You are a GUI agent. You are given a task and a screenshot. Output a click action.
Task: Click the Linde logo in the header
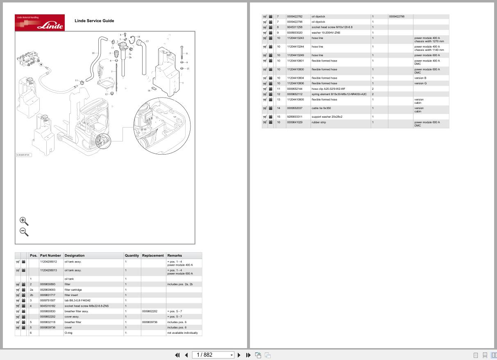(x=40, y=23)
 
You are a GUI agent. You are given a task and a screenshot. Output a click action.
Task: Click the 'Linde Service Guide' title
(x=94, y=21)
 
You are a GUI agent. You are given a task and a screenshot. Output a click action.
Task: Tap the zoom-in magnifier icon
(x=24, y=221)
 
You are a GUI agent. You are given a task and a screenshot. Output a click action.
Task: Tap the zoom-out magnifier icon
(x=24, y=232)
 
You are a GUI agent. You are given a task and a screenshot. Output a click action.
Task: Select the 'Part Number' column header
(x=50, y=255)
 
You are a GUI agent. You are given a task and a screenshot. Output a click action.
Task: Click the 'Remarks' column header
(x=175, y=255)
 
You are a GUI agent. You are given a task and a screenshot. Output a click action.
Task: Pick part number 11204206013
(x=49, y=270)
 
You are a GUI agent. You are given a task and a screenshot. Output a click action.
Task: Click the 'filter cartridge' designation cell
(x=73, y=289)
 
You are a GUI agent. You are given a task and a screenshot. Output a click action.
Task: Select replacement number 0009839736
(x=150, y=322)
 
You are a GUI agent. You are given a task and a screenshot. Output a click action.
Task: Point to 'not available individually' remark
(x=182, y=333)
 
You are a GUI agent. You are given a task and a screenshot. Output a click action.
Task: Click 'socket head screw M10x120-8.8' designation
(x=332, y=27)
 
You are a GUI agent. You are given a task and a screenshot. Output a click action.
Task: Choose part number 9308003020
(x=295, y=32)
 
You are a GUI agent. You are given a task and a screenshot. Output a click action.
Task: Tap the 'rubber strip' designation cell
(x=319, y=122)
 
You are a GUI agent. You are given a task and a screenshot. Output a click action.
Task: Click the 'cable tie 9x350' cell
(x=321, y=108)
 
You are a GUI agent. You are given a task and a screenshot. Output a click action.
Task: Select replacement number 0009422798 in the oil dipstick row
(x=397, y=17)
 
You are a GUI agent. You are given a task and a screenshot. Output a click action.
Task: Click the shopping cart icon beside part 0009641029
(x=265, y=122)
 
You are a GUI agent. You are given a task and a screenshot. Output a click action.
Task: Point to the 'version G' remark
(x=420, y=83)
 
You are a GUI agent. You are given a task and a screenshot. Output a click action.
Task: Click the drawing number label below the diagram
(x=23, y=155)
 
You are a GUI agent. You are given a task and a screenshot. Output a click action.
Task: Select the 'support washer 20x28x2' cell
(x=327, y=117)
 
